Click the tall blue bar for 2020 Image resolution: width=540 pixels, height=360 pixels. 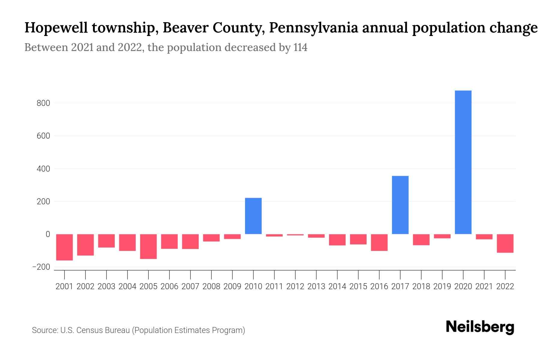click(x=463, y=162)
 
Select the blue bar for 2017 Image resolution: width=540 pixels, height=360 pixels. click(x=400, y=205)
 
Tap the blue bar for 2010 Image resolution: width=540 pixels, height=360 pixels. click(x=253, y=216)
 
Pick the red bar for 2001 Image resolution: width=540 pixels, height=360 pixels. click(x=64, y=247)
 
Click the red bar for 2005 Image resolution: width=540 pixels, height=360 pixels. click(x=148, y=246)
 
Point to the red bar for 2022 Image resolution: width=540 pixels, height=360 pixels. click(x=505, y=243)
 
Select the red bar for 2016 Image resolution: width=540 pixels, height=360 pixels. click(x=379, y=242)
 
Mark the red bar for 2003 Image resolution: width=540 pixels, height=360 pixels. click(x=106, y=241)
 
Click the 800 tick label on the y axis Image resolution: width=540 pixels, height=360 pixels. click(x=43, y=103)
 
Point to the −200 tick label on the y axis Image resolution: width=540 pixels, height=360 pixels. click(x=41, y=267)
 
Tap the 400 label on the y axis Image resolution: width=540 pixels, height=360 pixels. click(x=43, y=169)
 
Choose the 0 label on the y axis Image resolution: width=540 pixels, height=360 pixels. click(x=47, y=234)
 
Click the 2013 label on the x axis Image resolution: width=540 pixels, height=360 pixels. click(x=316, y=286)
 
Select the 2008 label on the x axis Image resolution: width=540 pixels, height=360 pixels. click(x=211, y=286)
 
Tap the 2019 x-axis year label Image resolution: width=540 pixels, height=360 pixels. click(x=442, y=286)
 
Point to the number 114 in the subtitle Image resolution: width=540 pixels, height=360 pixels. click(x=300, y=47)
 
